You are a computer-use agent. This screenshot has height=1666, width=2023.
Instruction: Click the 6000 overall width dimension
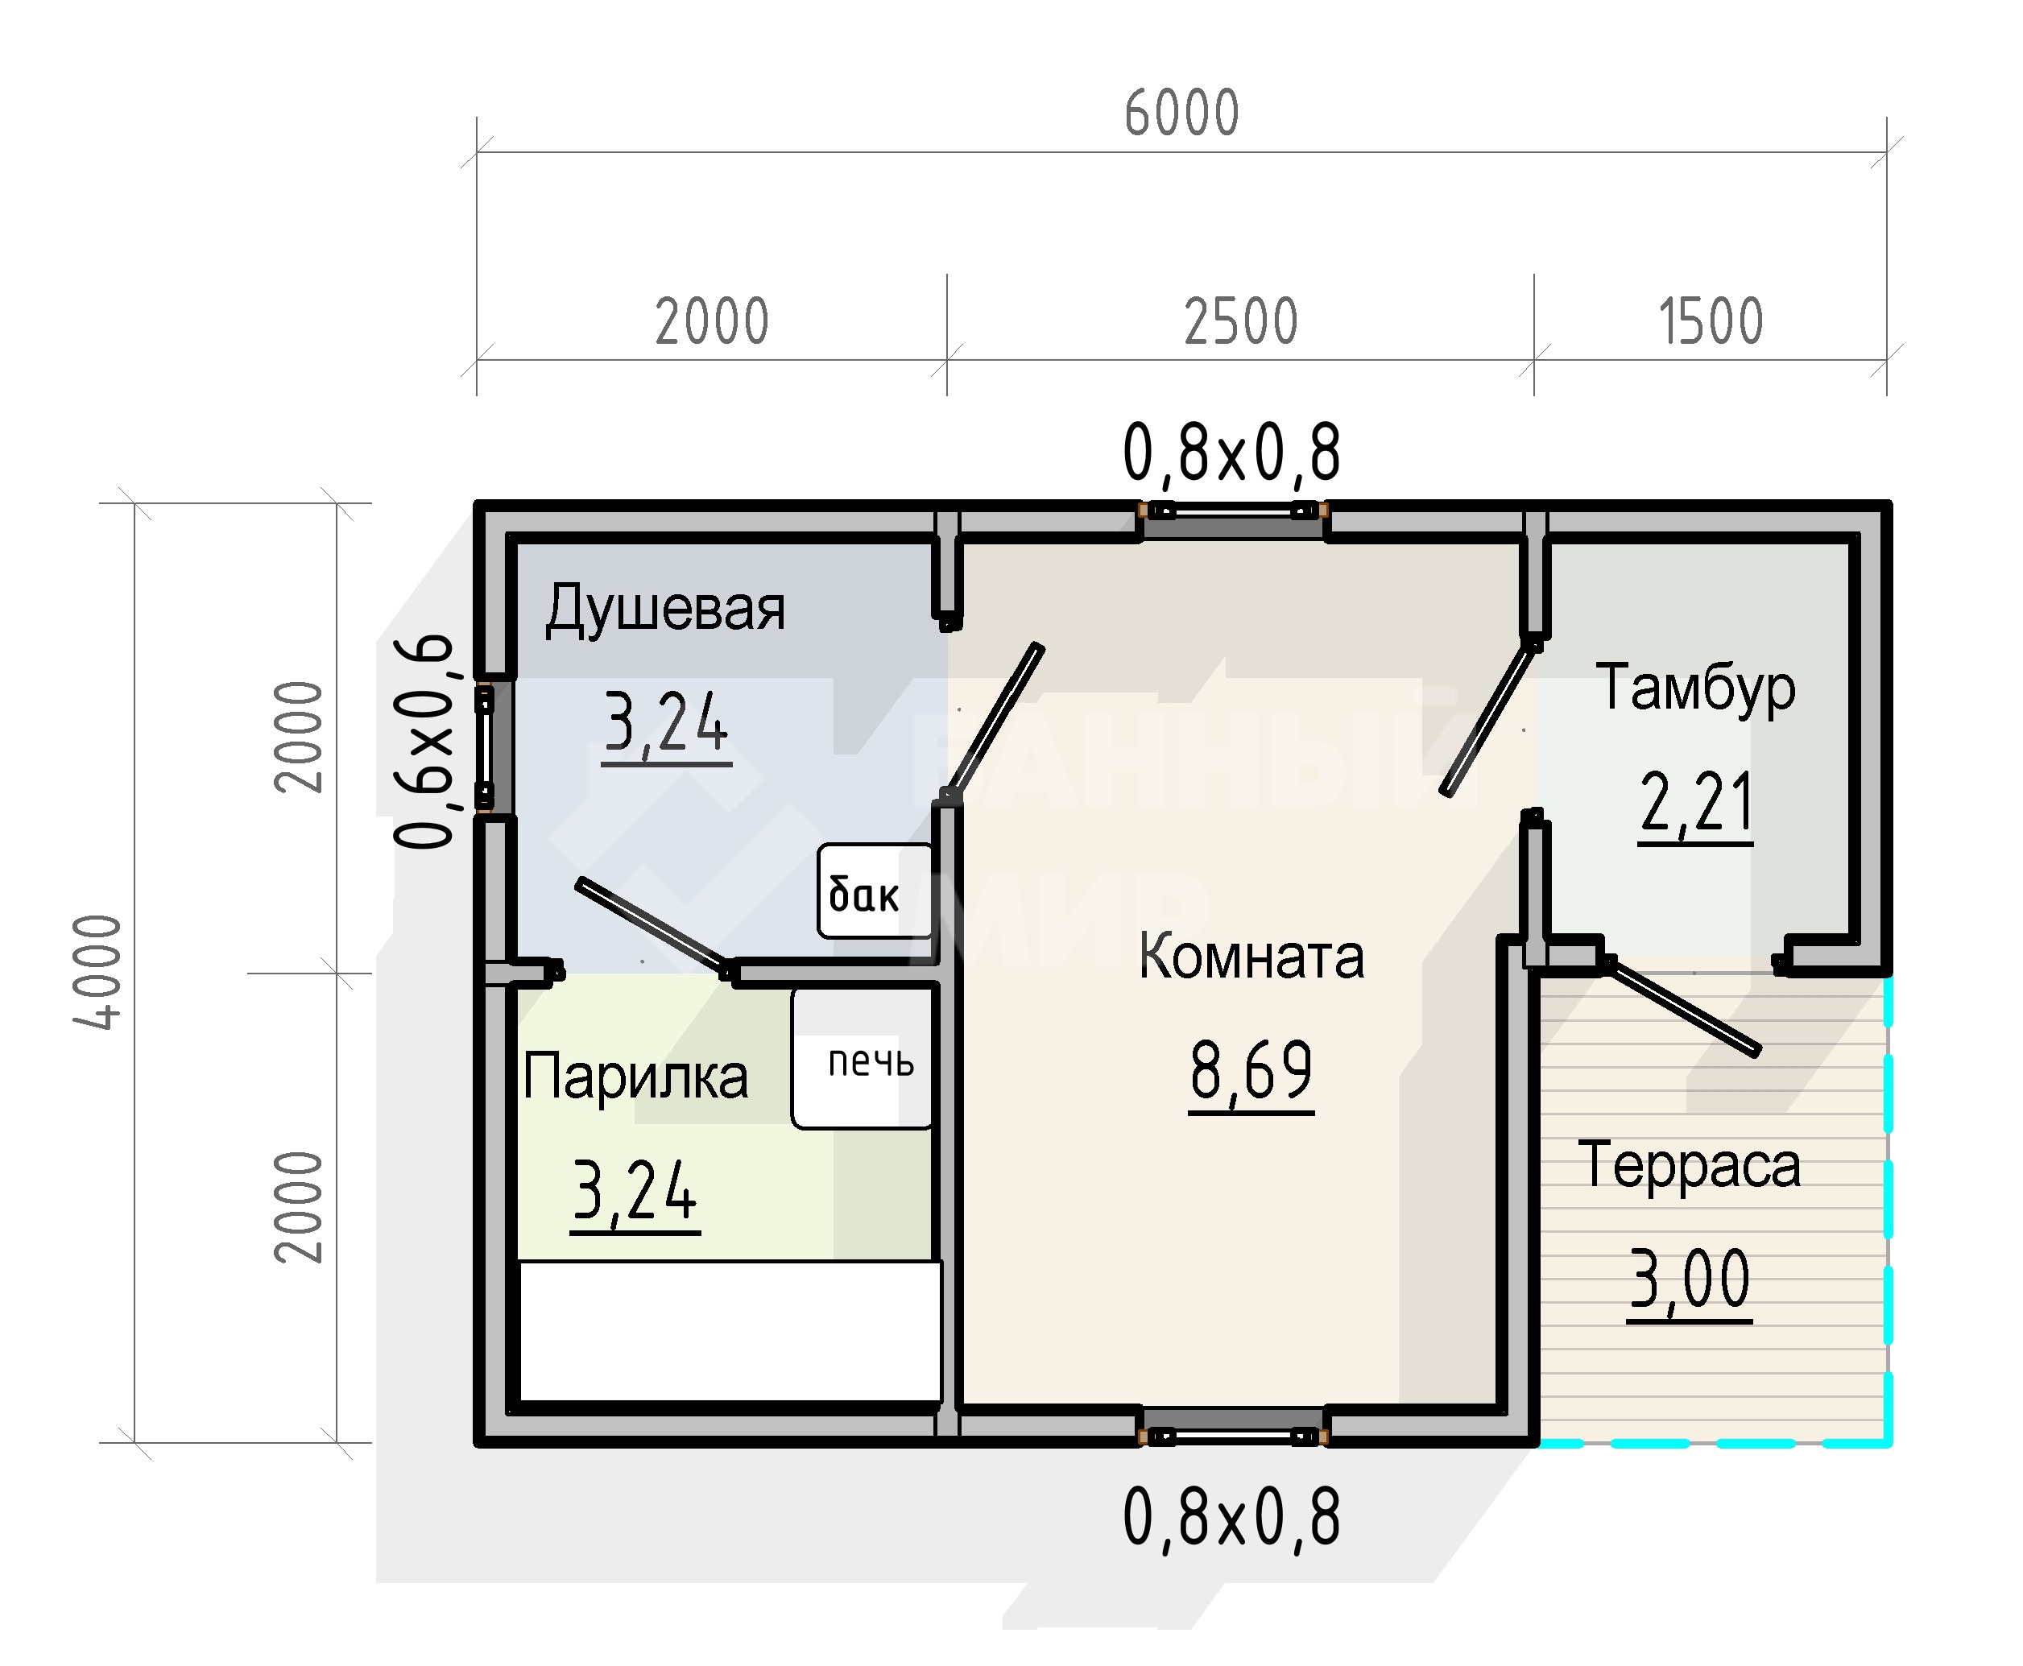coord(1181,114)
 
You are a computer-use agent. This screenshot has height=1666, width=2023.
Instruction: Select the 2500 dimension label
coord(1240,321)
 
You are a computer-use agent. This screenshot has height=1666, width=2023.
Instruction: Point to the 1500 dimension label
coord(1711,321)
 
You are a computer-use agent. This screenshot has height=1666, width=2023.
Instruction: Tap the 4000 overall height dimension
coord(98,972)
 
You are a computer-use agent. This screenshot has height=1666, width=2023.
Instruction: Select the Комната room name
coord(1251,957)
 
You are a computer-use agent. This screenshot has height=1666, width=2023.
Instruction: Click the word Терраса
coord(1689,1166)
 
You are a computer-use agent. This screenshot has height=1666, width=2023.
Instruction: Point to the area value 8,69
coord(1251,1073)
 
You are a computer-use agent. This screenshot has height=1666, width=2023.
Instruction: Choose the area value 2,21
coord(1696,804)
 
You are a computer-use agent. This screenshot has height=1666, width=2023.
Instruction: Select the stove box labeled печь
coord(862,1059)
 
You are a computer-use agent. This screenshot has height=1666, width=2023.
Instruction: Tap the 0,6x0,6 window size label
coord(424,741)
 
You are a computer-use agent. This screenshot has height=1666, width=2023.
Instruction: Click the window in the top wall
coord(1233,511)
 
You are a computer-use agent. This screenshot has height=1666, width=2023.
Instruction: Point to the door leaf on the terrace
coord(1682,1005)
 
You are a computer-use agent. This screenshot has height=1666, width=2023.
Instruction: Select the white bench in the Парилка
coord(730,1331)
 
